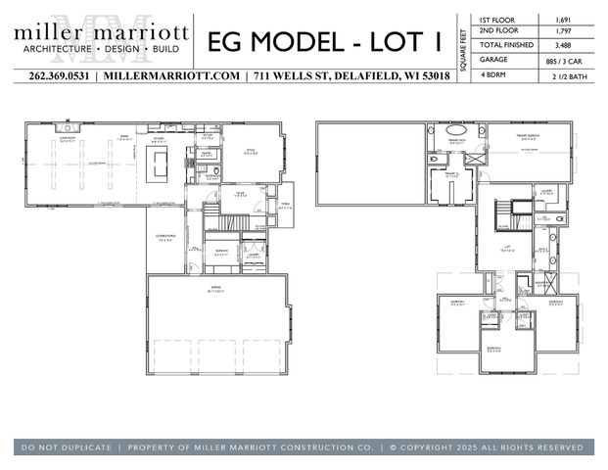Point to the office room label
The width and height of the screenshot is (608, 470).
250,152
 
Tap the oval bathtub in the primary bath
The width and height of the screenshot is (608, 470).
456,130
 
